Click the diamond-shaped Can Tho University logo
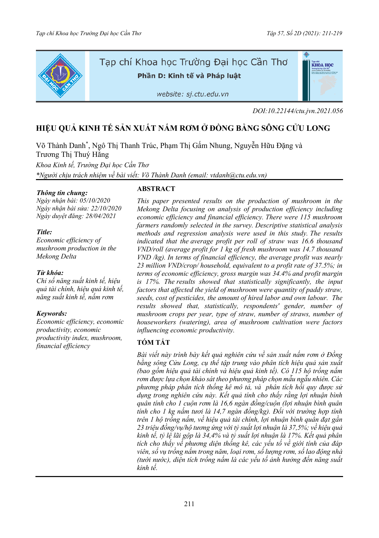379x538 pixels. pos(60,76)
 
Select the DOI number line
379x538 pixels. pos(297,111)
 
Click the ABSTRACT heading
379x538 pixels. pos(156,189)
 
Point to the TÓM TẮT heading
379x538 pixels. pos(153,342)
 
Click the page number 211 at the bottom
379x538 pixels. pos(189,504)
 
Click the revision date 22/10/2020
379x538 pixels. pos(106,208)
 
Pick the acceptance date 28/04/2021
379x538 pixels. pos(101,216)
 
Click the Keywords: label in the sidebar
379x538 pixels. pos(52,313)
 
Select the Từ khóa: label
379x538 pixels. pos(50,273)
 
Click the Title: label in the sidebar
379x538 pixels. pos(44,232)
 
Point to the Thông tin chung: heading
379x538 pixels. pos(62,193)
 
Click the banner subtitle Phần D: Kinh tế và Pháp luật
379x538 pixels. pos(189,76)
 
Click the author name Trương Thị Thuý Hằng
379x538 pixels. pos(72,154)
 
